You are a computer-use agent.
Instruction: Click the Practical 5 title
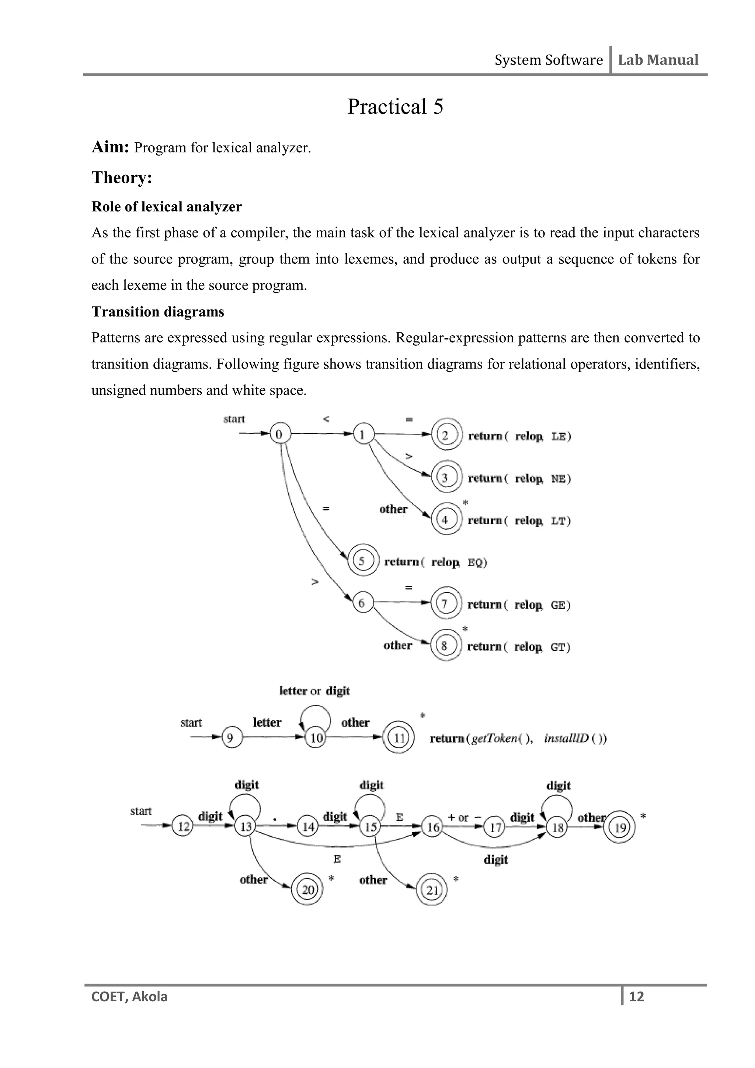pyautogui.click(x=395, y=107)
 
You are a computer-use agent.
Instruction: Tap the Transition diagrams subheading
pyautogui.click(x=158, y=311)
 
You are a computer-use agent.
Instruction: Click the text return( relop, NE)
pyautogui.click(x=519, y=478)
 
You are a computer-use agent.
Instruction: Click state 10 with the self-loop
pyautogui.click(x=316, y=738)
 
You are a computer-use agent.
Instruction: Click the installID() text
pyautogui.click(x=575, y=739)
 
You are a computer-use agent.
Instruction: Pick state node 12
pyautogui.click(x=183, y=827)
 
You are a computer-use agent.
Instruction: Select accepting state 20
pyautogui.click(x=307, y=890)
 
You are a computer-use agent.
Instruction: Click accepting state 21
pyautogui.click(x=432, y=890)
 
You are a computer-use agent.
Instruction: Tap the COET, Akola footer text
pyautogui.click(x=130, y=997)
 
